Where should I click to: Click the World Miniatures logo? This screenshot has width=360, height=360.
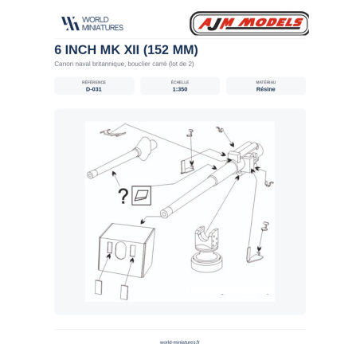click(x=92, y=23)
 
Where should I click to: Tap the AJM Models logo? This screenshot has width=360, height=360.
click(x=249, y=23)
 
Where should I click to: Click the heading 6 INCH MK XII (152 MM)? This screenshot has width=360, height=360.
click(x=126, y=49)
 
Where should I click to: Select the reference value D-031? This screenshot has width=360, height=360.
click(x=94, y=89)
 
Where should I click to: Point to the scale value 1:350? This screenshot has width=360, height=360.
click(x=180, y=89)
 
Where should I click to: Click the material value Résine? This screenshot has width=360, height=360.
click(x=265, y=89)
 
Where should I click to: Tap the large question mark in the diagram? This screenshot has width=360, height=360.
click(x=123, y=196)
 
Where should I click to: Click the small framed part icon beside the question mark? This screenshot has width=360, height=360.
click(x=141, y=195)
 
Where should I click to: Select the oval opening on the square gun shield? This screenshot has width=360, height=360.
click(x=121, y=250)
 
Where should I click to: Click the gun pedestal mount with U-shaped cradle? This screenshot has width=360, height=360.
click(x=207, y=248)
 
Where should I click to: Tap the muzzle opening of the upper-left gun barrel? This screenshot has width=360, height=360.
click(x=90, y=175)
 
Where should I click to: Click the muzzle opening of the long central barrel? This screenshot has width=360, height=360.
click(x=164, y=213)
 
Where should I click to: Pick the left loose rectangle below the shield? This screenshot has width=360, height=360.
click(x=99, y=287)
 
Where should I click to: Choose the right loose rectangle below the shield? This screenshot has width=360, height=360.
click(x=124, y=292)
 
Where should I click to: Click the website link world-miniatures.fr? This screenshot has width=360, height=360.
click(x=180, y=342)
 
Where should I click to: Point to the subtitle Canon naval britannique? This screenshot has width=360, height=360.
click(x=89, y=64)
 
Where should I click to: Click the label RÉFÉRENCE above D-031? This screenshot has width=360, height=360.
click(x=94, y=82)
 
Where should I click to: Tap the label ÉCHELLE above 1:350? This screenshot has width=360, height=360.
click(x=180, y=82)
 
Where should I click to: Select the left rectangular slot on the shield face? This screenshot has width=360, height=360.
click(x=109, y=248)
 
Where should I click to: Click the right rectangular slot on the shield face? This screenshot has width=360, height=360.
click(x=133, y=251)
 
